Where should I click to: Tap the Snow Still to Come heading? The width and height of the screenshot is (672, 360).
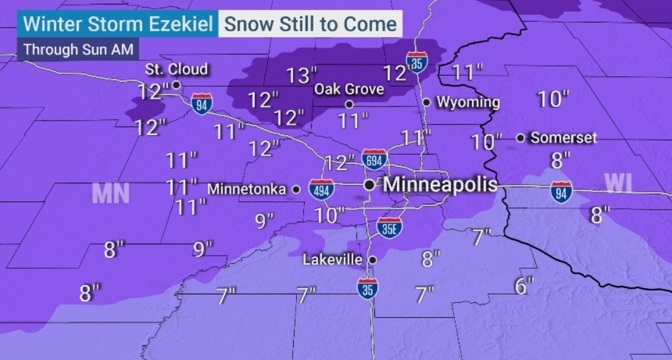click(x=310, y=24)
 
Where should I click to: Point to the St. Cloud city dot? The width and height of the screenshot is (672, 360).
click(x=177, y=84)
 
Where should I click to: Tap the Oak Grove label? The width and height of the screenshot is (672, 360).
click(x=349, y=89)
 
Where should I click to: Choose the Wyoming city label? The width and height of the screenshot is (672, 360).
click(x=468, y=102)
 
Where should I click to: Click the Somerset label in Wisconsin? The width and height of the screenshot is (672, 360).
click(x=563, y=138)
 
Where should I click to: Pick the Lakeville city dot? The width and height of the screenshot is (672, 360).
click(x=373, y=259)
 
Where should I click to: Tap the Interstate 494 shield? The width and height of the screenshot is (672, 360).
click(x=320, y=190)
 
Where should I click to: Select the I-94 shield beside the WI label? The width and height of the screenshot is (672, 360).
click(x=560, y=191)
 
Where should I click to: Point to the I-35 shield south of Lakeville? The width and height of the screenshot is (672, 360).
click(x=367, y=289)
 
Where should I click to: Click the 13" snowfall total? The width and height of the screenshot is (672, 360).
click(x=301, y=76)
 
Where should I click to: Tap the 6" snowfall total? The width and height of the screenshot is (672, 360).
click(x=524, y=286)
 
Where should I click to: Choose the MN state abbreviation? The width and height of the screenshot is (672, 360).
click(x=110, y=194)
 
